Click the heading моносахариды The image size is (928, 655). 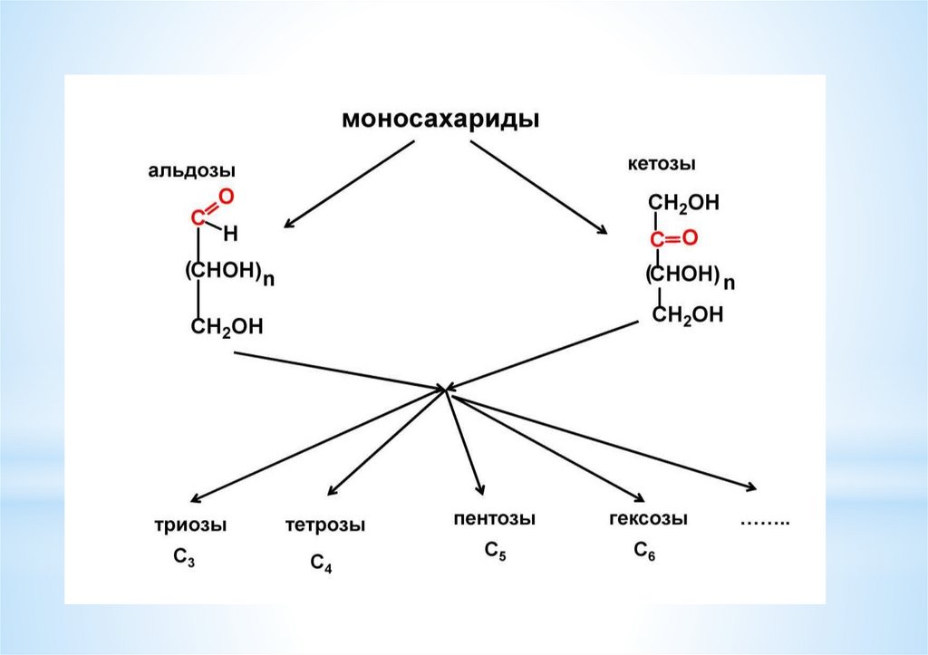tap(440, 120)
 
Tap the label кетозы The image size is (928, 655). tap(662, 165)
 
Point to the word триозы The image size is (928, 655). tap(189, 525)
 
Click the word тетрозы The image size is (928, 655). tap(325, 525)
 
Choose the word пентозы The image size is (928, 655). tap(494, 519)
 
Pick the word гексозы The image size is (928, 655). tap(648, 519)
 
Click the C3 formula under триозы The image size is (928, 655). tap(184, 558)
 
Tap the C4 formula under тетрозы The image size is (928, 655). tap(321, 564)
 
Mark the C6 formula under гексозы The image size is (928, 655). tap(644, 551)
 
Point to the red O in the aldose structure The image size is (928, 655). tap(227, 195)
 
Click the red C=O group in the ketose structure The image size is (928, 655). tap(672, 239)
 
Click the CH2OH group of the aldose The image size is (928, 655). tap(226, 327)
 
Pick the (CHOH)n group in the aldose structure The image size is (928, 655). tap(227, 273)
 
